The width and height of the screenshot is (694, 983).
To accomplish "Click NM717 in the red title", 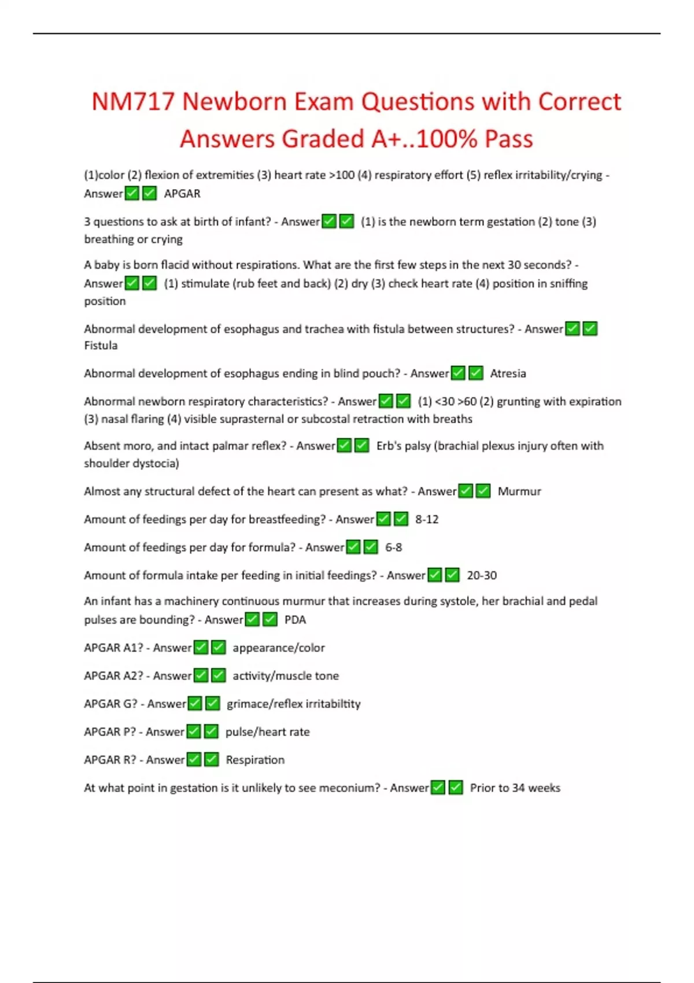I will [x=133, y=102].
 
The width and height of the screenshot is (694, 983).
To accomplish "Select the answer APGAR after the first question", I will [x=182, y=194].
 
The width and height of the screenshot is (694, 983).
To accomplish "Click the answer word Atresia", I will [x=508, y=374].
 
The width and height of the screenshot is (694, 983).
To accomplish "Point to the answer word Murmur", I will [x=519, y=491].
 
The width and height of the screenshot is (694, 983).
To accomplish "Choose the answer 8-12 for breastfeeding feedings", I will [x=427, y=519].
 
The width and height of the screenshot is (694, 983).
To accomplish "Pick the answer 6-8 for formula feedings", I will [x=393, y=548].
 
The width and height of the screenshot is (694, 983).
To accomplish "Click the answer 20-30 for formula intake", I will [x=482, y=575].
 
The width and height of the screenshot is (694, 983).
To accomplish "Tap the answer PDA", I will [x=295, y=620].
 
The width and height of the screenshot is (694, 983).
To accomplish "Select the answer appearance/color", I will [x=279, y=648].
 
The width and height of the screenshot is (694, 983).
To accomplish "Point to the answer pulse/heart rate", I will [x=267, y=732].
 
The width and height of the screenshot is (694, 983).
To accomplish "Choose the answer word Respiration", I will [x=255, y=760].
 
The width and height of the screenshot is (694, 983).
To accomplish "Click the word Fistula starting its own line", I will [x=101, y=346].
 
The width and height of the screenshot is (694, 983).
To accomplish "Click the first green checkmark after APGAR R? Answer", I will [x=194, y=759].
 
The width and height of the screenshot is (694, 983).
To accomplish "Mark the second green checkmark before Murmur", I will [x=483, y=491].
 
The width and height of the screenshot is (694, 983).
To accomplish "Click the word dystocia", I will [x=155, y=463].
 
